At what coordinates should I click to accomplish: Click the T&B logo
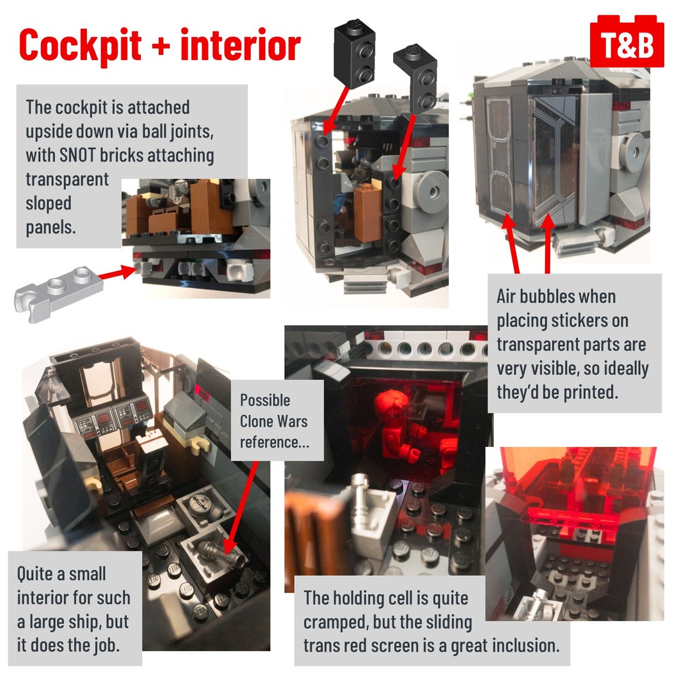[627, 42]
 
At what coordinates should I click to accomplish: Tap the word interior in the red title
[240, 44]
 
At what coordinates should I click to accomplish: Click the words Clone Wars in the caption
[274, 421]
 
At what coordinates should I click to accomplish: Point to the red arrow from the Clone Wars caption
[240, 510]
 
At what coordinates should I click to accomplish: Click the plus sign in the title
[161, 46]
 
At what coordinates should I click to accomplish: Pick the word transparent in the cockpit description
[67, 180]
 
